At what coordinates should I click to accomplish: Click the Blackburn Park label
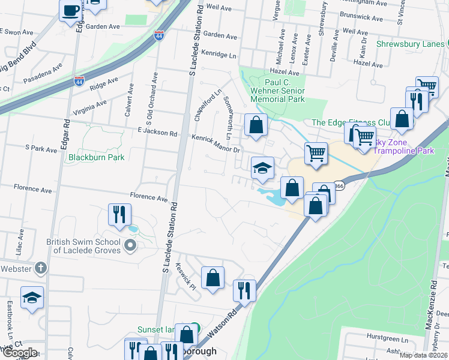click(x=95, y=157)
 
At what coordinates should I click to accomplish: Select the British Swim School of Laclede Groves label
click(x=83, y=246)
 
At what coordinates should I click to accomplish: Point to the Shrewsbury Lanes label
click(x=411, y=44)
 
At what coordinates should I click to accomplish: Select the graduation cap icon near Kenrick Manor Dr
click(x=262, y=168)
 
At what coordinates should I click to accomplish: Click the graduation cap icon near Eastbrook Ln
click(x=32, y=297)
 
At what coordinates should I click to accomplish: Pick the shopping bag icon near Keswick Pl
click(x=212, y=277)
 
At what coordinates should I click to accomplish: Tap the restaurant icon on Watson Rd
click(x=244, y=290)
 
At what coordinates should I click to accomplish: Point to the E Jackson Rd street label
click(x=157, y=134)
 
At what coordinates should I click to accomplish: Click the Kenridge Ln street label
click(x=219, y=54)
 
